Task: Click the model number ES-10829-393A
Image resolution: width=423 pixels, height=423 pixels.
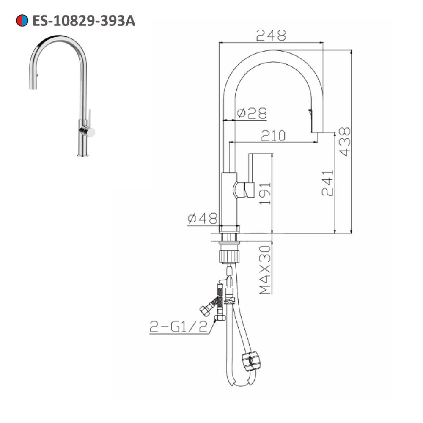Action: point(83,21)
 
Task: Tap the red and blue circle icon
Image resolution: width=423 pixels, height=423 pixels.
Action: point(22,21)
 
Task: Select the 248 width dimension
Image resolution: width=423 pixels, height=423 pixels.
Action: point(271,36)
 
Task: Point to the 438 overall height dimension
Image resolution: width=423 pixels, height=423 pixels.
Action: point(344,141)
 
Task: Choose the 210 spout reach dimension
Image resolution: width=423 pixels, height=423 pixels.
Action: point(273,136)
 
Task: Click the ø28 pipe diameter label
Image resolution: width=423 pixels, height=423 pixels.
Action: point(252,113)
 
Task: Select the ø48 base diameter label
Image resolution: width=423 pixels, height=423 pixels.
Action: point(202,219)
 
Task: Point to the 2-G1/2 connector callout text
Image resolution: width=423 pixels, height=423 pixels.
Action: point(179,327)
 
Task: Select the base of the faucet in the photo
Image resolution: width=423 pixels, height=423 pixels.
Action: point(82,154)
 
